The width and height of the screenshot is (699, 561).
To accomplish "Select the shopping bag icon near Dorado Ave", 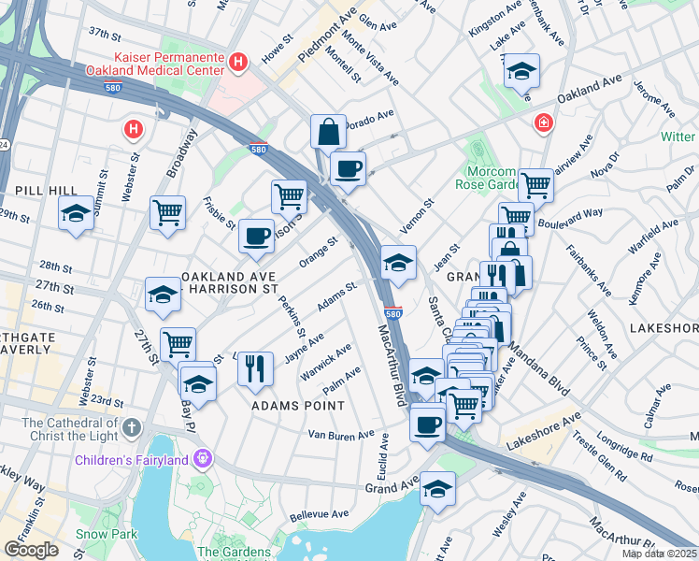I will click(329, 132).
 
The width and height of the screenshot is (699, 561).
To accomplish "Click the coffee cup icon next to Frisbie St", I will click(256, 236).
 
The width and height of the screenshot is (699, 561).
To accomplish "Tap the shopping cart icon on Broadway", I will click(167, 212).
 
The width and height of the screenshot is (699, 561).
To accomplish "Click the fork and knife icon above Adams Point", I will click(254, 367).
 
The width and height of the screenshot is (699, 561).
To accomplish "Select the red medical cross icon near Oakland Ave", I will click(543, 123).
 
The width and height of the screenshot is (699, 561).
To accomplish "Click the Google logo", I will click(32, 550).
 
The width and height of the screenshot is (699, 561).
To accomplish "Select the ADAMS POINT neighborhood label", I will click(298, 406).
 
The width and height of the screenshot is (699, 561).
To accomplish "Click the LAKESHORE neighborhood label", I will click(663, 328).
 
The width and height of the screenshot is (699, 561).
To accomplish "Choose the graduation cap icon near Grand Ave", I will click(436, 488).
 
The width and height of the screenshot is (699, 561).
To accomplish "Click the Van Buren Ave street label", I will click(341, 436).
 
